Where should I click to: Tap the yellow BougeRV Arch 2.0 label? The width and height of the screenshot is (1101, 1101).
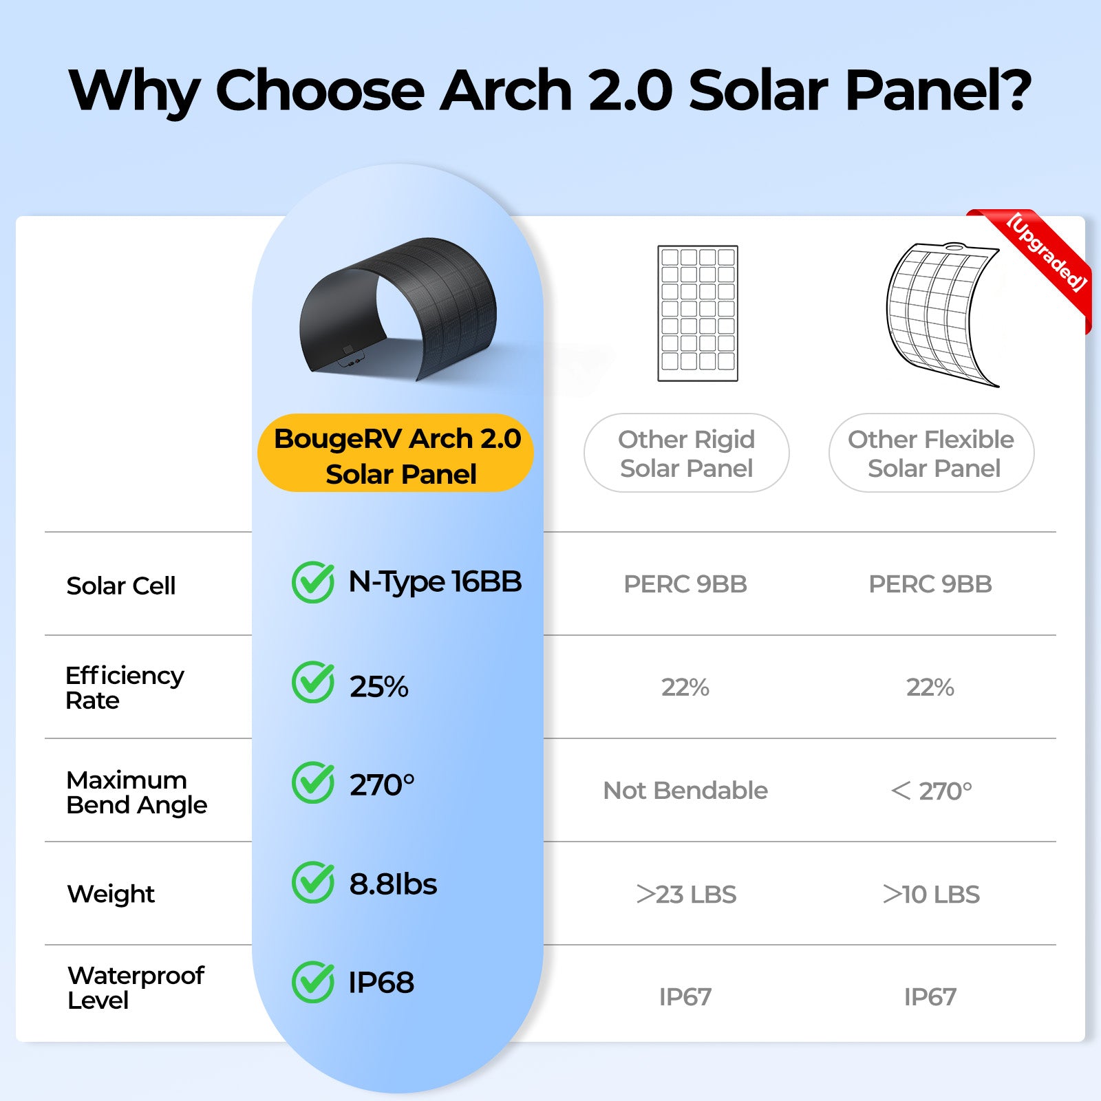[396, 453]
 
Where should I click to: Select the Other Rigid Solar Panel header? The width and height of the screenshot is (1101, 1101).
[687, 453]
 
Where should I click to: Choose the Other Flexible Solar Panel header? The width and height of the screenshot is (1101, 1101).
[932, 453]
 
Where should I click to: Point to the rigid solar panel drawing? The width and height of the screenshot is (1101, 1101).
[698, 313]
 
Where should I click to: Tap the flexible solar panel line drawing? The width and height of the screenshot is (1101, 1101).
[943, 314]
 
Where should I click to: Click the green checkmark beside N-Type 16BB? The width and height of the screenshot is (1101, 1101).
[313, 582]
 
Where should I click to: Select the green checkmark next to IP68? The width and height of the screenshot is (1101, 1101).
[313, 982]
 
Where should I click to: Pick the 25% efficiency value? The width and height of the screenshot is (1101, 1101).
[378, 687]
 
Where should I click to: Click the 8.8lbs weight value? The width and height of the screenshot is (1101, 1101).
[393, 884]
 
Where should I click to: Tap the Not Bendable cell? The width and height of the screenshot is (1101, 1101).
[685, 791]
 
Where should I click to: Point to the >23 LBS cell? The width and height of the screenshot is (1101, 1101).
[686, 894]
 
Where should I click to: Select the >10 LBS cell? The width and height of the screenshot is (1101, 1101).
[931, 894]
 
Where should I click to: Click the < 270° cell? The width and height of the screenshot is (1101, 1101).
[931, 791]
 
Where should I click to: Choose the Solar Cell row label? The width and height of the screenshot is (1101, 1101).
[121, 586]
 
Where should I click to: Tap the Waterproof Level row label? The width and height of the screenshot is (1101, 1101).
[136, 987]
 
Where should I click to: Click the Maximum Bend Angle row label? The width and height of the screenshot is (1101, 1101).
[136, 792]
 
